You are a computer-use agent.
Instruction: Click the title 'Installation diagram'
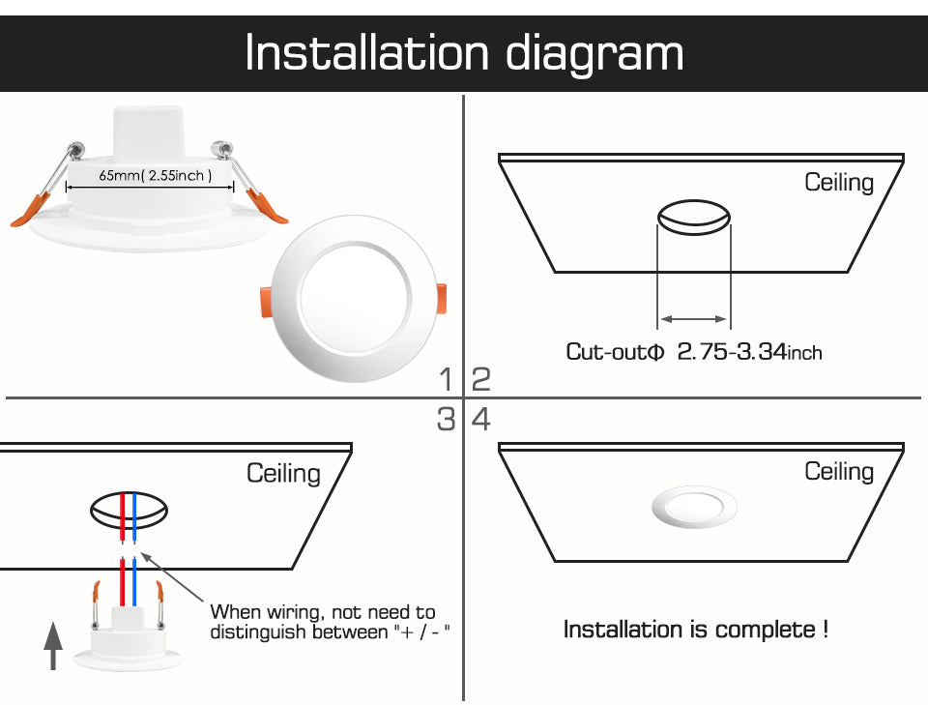tap(464, 53)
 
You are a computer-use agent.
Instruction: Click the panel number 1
tap(446, 379)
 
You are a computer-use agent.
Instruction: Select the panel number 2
tap(480, 379)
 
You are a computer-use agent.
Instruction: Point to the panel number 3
tap(446, 420)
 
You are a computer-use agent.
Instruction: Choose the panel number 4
tap(480, 420)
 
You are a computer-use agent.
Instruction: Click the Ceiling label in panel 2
tap(839, 183)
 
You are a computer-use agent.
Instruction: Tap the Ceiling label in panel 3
tap(283, 473)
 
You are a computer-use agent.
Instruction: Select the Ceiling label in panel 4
tap(839, 471)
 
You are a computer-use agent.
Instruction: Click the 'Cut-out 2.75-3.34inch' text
tap(693, 352)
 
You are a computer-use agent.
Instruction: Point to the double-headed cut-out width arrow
tap(693, 318)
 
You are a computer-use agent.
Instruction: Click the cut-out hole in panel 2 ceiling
tap(692, 218)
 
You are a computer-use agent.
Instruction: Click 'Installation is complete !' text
tap(695, 631)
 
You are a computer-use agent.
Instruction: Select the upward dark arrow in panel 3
tap(54, 647)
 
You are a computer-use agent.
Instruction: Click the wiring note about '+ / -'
tap(329, 622)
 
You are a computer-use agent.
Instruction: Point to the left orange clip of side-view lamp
tap(29, 210)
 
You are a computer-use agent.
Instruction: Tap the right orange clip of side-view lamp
tap(268, 206)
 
